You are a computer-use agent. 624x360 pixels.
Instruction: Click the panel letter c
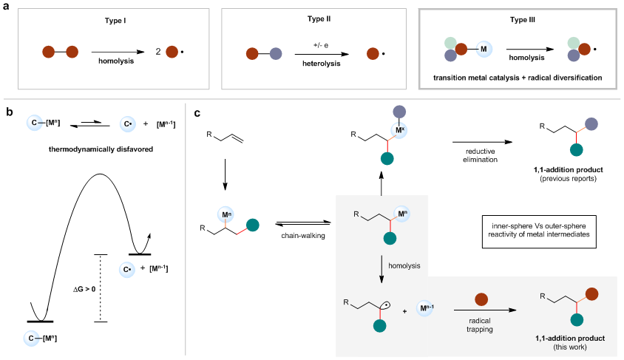click(197, 112)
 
